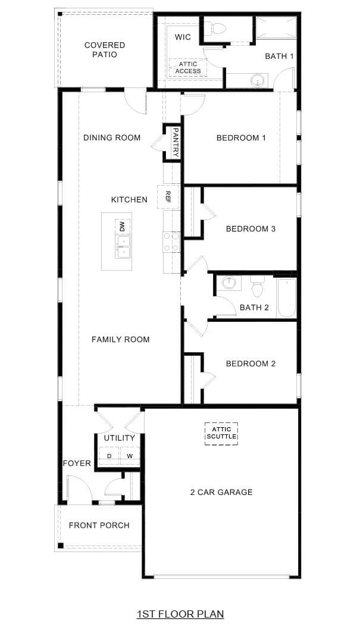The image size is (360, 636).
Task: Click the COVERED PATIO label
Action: pyautogui.click(x=105, y=49)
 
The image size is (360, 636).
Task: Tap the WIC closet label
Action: pyautogui.click(x=182, y=37)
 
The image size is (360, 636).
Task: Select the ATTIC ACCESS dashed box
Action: pyautogui.click(x=188, y=67)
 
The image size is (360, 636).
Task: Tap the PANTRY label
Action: pyautogui.click(x=176, y=143)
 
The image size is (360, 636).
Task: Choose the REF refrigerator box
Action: pyautogui.click(x=168, y=197)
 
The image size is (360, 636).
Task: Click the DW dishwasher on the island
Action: pyautogui.click(x=122, y=226)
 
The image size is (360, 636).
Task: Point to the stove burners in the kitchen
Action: pyautogui.click(x=171, y=243)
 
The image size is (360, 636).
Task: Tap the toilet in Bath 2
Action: pyautogui.click(x=257, y=287)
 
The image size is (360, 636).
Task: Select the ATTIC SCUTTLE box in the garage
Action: pyautogui.click(x=221, y=433)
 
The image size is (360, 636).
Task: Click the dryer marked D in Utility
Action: pyautogui.click(x=109, y=456)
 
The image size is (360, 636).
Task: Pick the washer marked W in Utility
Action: pyautogui.click(x=129, y=456)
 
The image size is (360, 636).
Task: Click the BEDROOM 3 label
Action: pyautogui.click(x=251, y=228)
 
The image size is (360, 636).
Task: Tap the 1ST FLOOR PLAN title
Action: pyautogui.click(x=180, y=614)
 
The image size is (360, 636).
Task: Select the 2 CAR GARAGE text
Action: pyautogui.click(x=221, y=492)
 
